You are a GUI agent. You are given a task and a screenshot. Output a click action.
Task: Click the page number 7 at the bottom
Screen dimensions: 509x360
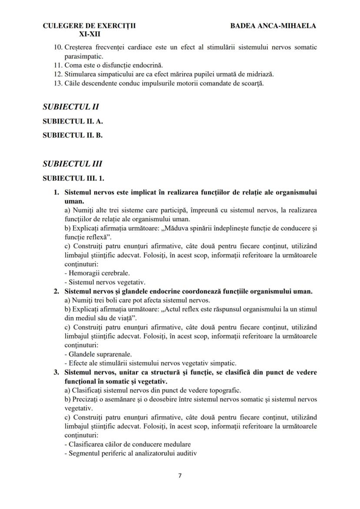[x=180, y=475]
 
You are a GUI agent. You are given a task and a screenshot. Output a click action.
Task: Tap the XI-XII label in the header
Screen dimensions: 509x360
[x=89, y=33]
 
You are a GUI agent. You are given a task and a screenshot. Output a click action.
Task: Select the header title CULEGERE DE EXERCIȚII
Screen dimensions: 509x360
[x=89, y=26]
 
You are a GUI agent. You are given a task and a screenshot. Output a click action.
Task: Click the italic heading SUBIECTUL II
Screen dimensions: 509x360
[x=68, y=106]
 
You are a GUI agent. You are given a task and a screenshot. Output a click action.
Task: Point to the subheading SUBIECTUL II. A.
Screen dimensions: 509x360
[x=73, y=121]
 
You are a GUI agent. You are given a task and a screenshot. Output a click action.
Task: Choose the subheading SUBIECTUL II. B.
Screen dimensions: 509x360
[x=73, y=135]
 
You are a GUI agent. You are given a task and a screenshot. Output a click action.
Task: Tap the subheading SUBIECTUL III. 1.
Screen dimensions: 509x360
[x=74, y=178]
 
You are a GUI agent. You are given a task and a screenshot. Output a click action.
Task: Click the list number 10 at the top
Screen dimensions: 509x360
[x=58, y=47]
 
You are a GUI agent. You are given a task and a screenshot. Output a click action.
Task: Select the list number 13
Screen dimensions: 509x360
[x=58, y=83]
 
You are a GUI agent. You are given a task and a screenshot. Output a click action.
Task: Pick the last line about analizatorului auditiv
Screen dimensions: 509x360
[x=130, y=453]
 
